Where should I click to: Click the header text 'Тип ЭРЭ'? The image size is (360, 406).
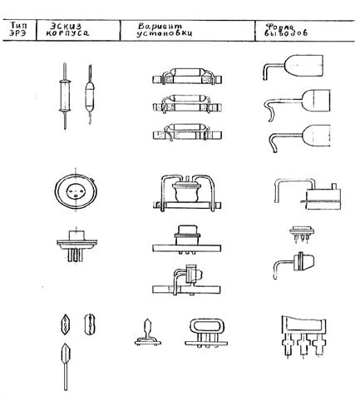[x=19, y=29]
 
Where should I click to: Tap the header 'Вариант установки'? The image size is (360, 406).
[x=165, y=30]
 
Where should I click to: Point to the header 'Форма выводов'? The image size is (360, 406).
[x=286, y=30]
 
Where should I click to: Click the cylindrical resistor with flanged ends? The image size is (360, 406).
[x=65, y=96]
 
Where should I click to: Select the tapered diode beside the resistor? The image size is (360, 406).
[x=90, y=94]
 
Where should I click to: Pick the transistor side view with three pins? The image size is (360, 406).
[x=76, y=245]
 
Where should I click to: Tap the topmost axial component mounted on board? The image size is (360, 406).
[x=187, y=76]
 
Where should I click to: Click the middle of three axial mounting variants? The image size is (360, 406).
[x=187, y=104]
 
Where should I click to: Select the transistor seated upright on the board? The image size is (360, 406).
[x=187, y=240]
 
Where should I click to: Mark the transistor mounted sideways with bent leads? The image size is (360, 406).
[x=187, y=281]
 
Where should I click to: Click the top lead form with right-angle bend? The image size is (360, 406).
[x=293, y=67]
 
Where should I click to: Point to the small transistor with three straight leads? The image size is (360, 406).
[x=302, y=235]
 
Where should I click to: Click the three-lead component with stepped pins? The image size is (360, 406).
[x=303, y=337]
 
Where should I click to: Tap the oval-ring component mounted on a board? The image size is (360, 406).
[x=206, y=333]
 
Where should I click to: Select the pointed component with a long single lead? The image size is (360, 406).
[x=66, y=367]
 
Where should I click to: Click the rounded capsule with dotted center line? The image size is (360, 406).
[x=90, y=324]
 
